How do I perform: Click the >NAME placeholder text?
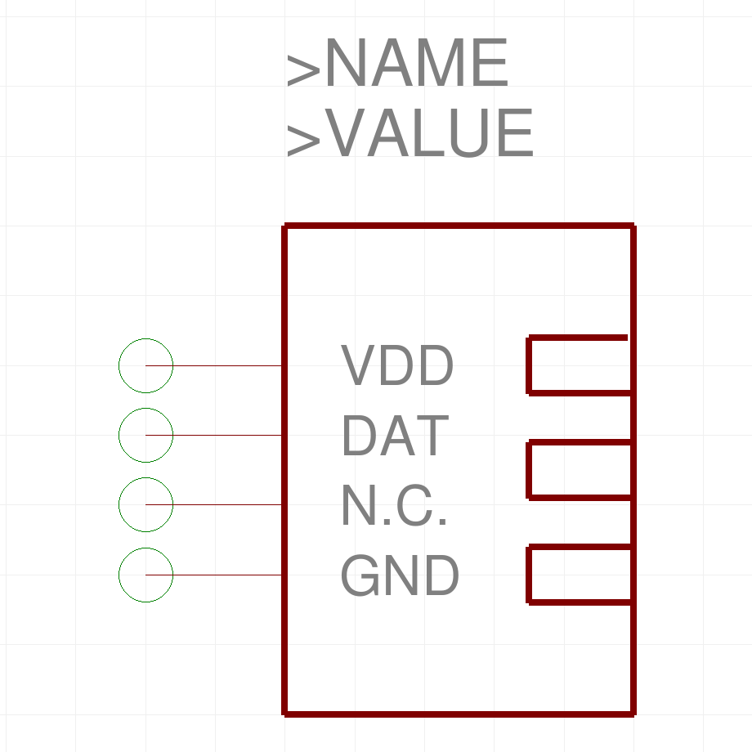[x=397, y=65]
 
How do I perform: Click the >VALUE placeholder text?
[x=410, y=134]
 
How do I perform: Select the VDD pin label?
[x=397, y=366]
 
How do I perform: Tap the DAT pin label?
[x=395, y=436]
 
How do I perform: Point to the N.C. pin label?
[x=394, y=505]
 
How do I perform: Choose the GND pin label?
[x=400, y=575]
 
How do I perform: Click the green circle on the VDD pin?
[x=145, y=366]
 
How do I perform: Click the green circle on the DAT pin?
[x=145, y=436]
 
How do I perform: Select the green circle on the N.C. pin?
[x=145, y=505]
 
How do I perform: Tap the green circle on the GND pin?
[x=145, y=575]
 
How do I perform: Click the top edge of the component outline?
[x=458, y=226]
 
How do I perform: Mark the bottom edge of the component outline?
[x=458, y=714]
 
